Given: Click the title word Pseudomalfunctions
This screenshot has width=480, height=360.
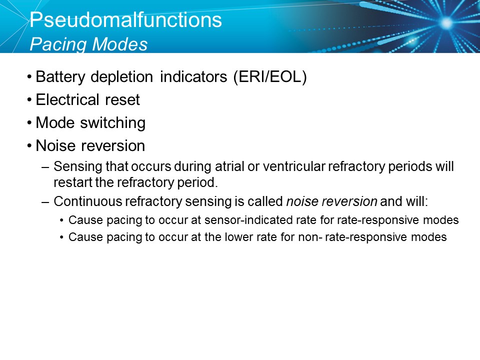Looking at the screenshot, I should [x=125, y=20].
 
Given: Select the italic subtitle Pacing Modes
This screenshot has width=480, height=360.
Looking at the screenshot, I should [x=88, y=44].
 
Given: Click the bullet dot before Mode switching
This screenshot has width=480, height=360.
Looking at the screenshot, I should [x=31, y=122].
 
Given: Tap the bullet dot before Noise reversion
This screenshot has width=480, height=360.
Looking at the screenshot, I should [x=31, y=145].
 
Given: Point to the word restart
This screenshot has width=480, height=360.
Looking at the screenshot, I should [x=69, y=180].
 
